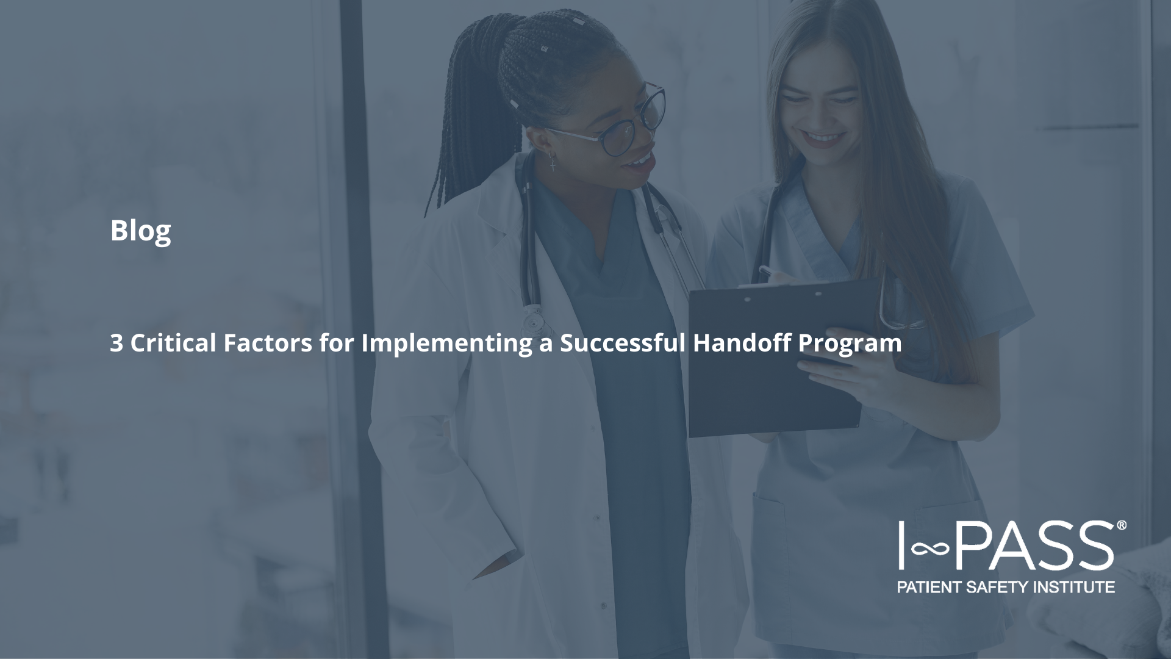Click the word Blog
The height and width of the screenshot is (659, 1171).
point(140,231)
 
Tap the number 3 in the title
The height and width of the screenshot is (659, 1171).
point(116,343)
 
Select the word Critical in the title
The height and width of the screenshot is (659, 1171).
point(173,342)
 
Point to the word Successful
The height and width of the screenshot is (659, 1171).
point(623,342)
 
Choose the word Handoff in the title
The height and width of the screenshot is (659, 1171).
point(742,342)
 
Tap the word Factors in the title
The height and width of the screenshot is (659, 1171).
point(268,342)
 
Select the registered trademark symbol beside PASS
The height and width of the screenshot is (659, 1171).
point(1121,525)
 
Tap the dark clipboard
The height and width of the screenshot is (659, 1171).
point(775,360)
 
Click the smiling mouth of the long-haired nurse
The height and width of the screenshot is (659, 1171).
point(823,138)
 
